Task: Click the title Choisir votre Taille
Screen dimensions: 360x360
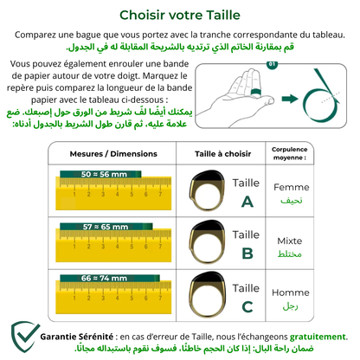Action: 180,15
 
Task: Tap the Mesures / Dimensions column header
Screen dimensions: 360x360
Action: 97,153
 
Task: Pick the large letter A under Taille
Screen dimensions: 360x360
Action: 247,201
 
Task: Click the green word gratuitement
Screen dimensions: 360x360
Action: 312,336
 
